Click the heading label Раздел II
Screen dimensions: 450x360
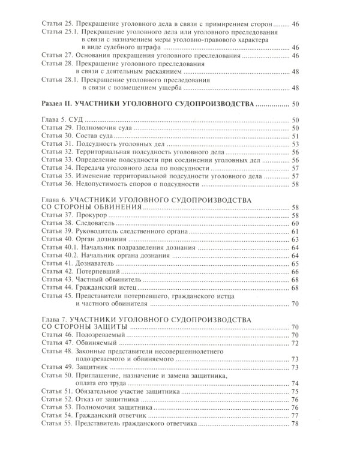coord(61,104)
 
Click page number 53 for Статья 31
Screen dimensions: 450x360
coord(295,144)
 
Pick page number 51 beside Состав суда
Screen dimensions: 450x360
coord(295,136)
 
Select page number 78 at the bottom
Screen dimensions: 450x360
coord(295,424)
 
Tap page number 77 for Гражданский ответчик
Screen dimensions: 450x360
coord(295,416)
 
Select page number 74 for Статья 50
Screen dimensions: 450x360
coord(295,383)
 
